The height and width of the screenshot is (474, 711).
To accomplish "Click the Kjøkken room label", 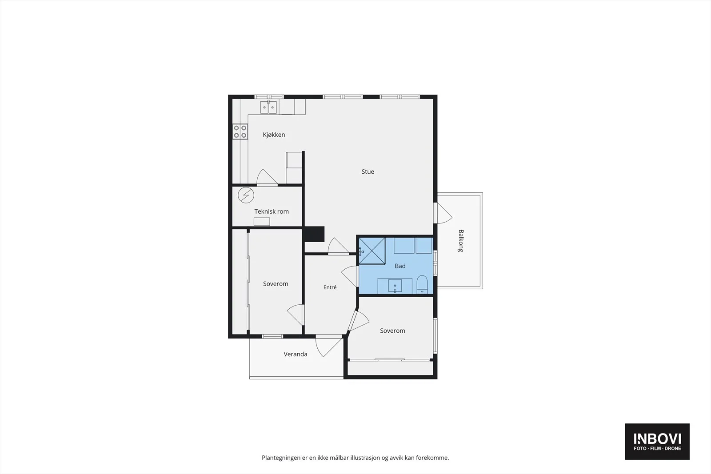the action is (x=274, y=135).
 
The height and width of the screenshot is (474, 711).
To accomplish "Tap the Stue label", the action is (x=367, y=171).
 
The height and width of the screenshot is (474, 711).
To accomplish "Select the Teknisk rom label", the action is (x=272, y=211).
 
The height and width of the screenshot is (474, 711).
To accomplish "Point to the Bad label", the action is (x=400, y=266).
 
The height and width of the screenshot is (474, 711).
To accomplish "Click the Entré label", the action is (x=330, y=287).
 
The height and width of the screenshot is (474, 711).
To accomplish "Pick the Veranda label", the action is (x=295, y=354).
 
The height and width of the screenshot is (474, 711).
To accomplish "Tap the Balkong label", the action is (x=461, y=240).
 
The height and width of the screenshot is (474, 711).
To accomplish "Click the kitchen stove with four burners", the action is (x=240, y=131).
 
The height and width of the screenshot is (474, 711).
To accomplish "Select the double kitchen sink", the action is (x=268, y=107).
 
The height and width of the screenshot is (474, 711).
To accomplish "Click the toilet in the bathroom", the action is (x=422, y=285).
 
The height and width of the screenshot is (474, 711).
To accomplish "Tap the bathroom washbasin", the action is (x=395, y=286).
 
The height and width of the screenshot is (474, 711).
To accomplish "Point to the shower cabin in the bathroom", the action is (x=372, y=251).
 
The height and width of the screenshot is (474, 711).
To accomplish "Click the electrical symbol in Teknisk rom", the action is (x=246, y=195).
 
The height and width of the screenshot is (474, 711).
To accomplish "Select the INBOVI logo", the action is (x=657, y=441).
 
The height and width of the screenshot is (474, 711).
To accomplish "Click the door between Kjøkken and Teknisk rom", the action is (x=267, y=177).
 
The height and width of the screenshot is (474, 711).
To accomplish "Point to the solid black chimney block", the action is (x=314, y=234).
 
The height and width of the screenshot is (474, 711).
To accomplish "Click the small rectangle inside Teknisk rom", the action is (x=262, y=222).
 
